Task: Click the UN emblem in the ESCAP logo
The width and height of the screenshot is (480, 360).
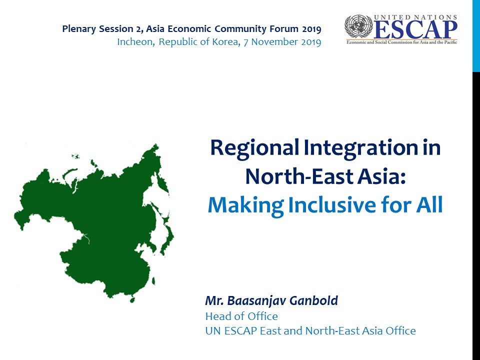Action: click(x=358, y=26)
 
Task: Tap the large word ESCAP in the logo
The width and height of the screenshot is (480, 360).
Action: click(x=415, y=30)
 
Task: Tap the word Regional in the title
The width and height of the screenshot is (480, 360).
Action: click(x=254, y=148)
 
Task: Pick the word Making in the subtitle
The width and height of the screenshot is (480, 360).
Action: click(x=245, y=205)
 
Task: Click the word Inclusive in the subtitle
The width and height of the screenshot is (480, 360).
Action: click(x=332, y=205)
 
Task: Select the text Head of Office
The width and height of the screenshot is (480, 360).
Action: click(x=241, y=316)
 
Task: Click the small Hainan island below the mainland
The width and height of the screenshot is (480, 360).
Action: click(x=132, y=299)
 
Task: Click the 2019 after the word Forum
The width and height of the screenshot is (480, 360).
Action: click(x=311, y=29)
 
